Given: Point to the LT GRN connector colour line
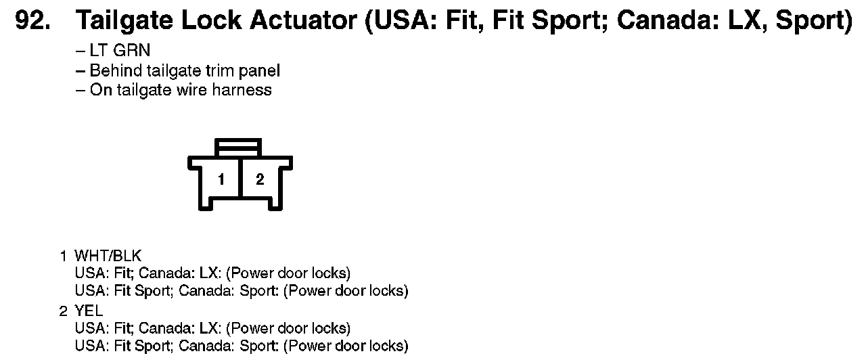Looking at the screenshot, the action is [120, 51].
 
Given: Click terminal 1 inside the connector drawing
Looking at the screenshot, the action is [221, 179].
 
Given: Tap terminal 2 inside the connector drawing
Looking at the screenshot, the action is [260, 179].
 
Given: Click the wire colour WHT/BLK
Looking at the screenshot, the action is [108, 256].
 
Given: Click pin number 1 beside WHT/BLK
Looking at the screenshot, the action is [63, 256].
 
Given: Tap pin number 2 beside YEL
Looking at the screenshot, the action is [63, 311].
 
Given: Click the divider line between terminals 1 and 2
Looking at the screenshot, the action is [240, 179].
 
